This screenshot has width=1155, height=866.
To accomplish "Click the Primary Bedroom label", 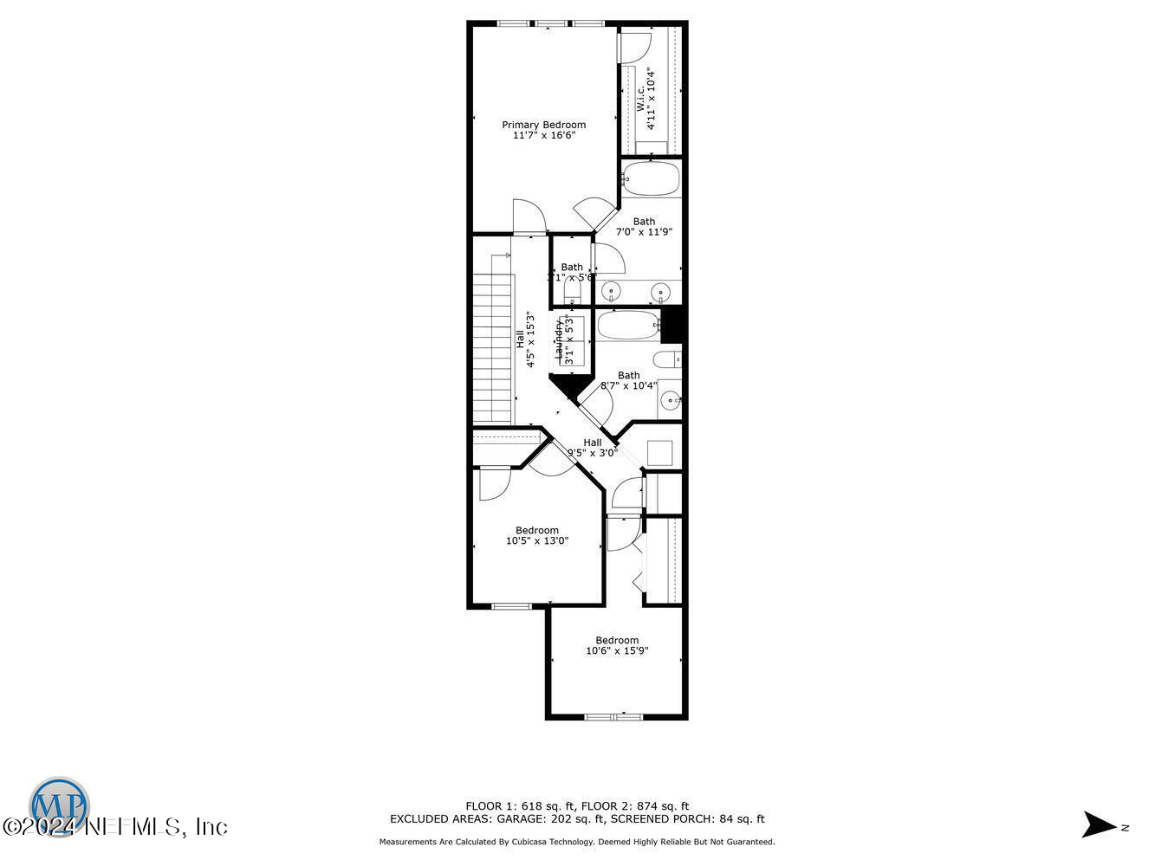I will point(543,125).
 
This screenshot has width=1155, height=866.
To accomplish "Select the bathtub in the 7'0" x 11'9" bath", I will point(652,178).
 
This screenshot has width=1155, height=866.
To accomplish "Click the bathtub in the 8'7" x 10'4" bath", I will point(629,326).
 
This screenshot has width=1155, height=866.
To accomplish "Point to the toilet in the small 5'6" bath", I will point(571,298).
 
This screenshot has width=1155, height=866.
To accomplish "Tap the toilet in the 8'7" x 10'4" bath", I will point(667,360).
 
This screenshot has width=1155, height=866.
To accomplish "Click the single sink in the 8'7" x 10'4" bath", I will point(670,401).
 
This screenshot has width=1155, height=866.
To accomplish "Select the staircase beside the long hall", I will point(492,346).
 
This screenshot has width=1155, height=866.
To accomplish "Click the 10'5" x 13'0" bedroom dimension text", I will point(537,541).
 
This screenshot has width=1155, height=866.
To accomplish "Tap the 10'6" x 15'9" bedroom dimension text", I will point(617,651).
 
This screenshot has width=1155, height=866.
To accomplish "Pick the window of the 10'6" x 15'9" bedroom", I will point(613,717).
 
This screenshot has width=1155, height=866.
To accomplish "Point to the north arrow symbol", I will point(1100,824).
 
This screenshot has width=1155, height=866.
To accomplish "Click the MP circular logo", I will point(59,805).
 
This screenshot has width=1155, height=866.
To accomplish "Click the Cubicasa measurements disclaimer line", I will point(577,842).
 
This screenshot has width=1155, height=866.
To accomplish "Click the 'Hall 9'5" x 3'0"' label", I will point(593,448).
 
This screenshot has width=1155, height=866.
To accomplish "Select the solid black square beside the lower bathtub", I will point(673,324).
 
